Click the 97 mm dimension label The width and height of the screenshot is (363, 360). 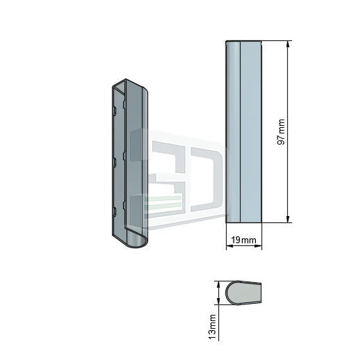coord(281,132)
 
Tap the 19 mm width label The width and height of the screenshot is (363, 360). coord(243,240)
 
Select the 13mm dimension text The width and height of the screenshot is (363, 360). coord(212,327)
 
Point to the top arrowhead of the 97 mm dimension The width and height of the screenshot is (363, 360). coord(288,44)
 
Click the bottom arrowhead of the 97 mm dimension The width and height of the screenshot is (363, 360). coord(288,219)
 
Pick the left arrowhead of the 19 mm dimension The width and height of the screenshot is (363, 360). coord(229,246)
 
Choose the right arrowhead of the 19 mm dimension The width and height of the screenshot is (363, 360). coord(258,246)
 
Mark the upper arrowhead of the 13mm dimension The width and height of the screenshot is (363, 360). coord(218,285)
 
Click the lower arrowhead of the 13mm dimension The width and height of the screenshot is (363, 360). coord(218,301)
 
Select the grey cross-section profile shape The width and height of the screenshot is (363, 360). coord(243,293)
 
